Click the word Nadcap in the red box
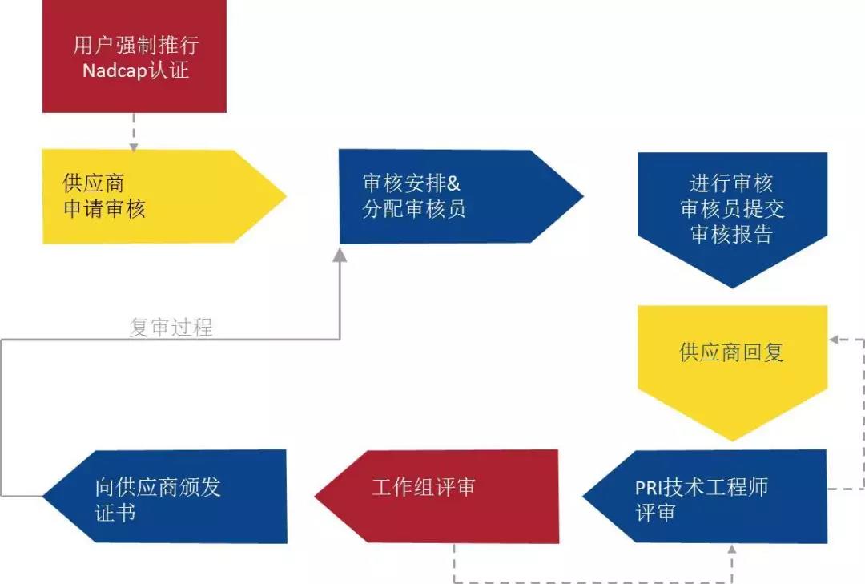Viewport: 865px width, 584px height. [x=115, y=70]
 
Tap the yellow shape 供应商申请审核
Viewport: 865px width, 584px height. [x=152, y=196]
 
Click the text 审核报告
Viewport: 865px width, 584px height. [x=731, y=235]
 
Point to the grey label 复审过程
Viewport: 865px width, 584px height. [x=171, y=327]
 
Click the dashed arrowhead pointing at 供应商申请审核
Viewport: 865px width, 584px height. [x=134, y=147]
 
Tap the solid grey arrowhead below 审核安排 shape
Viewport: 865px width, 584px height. [x=340, y=253]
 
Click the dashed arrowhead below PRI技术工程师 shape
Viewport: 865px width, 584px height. [x=732, y=550]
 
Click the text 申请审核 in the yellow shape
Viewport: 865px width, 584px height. [x=104, y=210]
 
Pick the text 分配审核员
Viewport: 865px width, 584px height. [x=413, y=210]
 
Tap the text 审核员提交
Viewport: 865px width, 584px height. [x=732, y=209]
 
